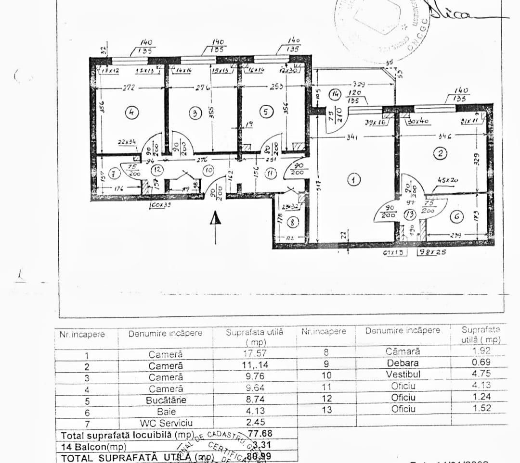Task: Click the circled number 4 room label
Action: [x=131, y=113]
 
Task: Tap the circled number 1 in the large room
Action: [x=353, y=180]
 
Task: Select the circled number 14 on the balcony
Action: [x=336, y=94]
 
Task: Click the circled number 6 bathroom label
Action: [x=456, y=217]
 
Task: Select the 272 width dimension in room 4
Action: [x=128, y=88]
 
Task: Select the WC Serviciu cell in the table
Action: [x=166, y=422]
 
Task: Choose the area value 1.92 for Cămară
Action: [x=481, y=351]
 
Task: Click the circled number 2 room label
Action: [x=440, y=154]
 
